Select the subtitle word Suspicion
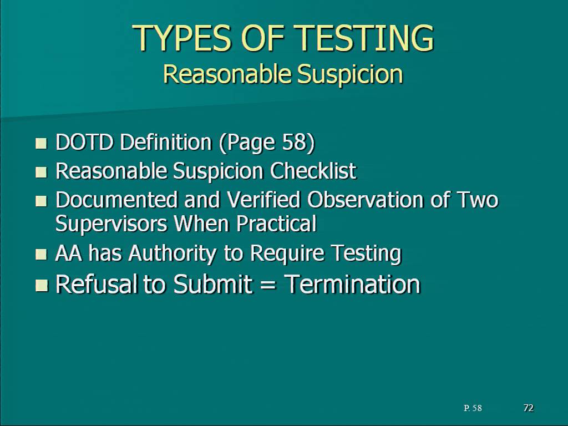tap(350, 74)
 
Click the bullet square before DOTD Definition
tap(41, 143)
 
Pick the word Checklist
tap(313, 171)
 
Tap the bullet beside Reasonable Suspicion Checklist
tap(41, 172)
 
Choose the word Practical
tap(277, 224)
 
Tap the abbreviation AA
tap(69, 253)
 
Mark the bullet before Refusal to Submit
tap(41, 286)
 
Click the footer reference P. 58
tap(473, 408)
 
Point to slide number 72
tap(529, 408)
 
